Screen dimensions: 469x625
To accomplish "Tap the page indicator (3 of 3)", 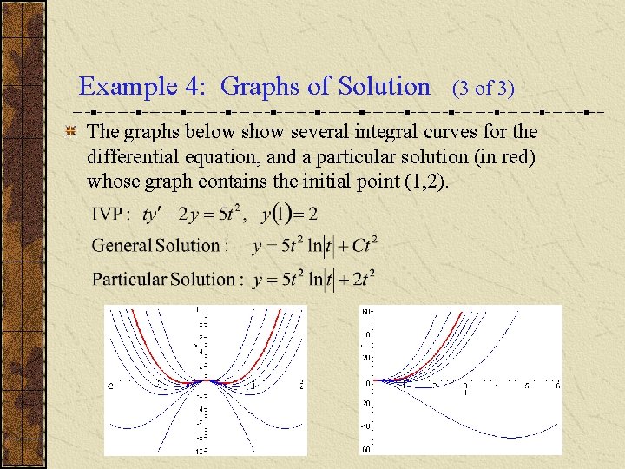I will click(484, 88).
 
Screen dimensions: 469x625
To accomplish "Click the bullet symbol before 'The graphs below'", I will click(69, 132).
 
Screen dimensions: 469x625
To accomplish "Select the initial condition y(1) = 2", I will click(293, 213).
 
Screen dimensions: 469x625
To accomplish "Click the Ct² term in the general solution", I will click(365, 245).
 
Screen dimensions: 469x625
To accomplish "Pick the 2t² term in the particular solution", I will click(364, 279).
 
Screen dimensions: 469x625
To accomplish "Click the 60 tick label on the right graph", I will click(367, 311).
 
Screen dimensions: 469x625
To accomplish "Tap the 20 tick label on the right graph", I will click(367, 358).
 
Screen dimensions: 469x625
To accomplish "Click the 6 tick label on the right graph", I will click(529, 386).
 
